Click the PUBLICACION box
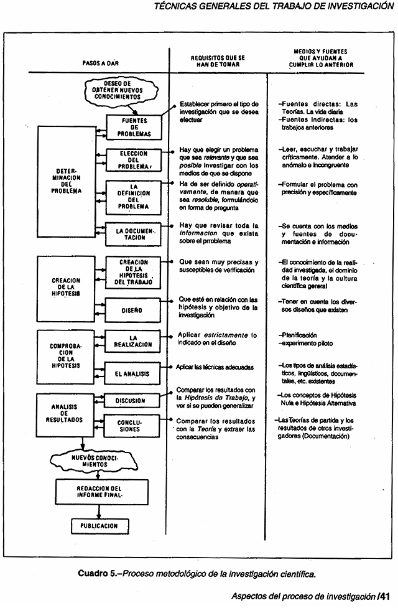(99, 525)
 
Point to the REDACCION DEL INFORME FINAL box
(99, 492)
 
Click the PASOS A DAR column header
(100, 63)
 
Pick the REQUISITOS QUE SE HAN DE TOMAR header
(218, 60)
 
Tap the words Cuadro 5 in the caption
(98, 572)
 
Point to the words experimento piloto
(306, 344)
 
